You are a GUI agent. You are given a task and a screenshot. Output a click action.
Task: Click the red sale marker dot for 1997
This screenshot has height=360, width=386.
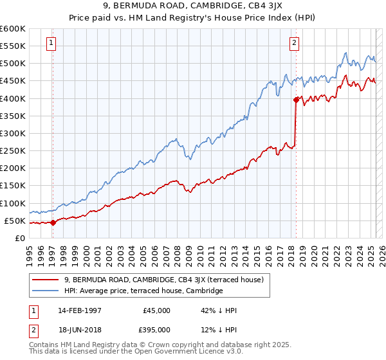click(53, 223)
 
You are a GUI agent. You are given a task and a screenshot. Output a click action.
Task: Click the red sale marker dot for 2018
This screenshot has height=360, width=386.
click(296, 100)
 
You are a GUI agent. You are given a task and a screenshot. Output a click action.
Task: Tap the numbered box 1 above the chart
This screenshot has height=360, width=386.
click(51, 44)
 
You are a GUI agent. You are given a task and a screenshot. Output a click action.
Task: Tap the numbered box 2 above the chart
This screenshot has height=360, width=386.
click(294, 44)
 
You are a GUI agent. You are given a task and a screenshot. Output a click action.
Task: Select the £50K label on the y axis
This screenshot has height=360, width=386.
click(15, 221)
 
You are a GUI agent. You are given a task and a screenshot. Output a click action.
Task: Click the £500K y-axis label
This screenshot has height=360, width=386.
click(13, 63)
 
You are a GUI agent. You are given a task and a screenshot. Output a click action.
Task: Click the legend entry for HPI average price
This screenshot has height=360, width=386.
click(143, 291)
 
